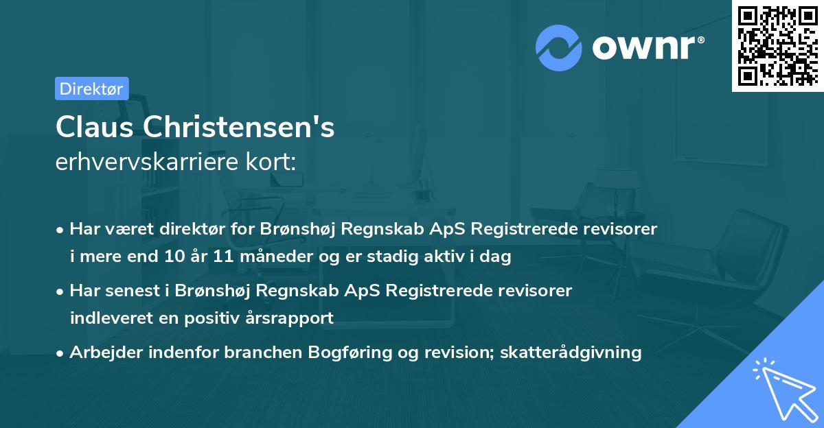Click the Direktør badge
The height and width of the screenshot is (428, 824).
[x=91, y=88]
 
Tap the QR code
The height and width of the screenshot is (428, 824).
[x=777, y=45]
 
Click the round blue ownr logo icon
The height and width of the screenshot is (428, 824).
[x=559, y=47]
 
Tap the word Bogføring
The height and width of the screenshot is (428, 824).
[x=350, y=353]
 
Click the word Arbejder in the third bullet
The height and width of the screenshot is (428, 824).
[x=102, y=353]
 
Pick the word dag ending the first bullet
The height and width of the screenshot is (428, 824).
[x=496, y=257]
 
